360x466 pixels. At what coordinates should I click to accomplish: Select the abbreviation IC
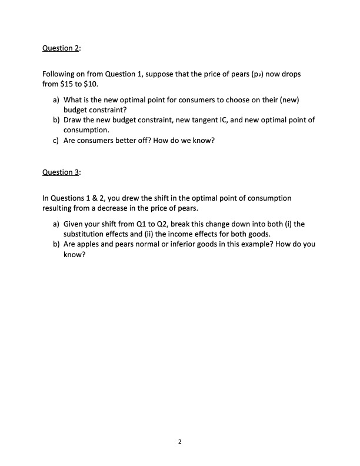click(x=242, y=119)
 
